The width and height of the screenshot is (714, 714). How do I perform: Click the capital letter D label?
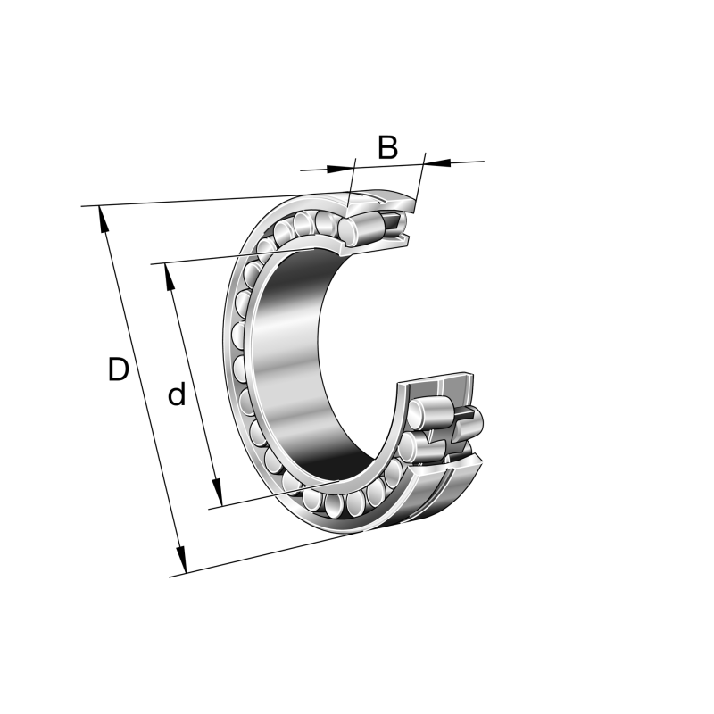118,369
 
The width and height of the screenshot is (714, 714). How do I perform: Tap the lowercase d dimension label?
177,394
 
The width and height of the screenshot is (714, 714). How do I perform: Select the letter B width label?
387,147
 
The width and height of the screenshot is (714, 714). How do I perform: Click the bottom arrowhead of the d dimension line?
215,495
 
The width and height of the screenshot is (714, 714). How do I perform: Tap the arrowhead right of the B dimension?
437,162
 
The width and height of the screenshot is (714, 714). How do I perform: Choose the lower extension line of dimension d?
268,496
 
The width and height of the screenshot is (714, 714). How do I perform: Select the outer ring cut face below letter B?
393,201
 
